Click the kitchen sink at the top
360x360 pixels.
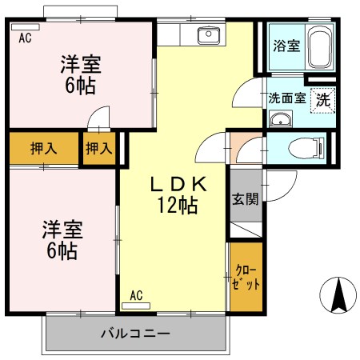(209, 34)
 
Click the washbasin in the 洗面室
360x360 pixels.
(279, 120)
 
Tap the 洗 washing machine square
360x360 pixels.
(322, 100)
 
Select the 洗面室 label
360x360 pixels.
(286, 99)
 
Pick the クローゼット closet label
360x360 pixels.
(246, 277)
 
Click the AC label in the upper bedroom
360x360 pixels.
(24, 36)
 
